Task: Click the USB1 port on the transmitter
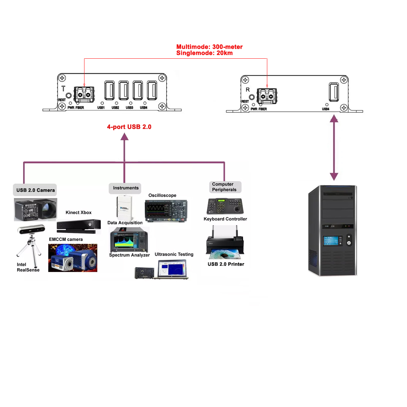(110, 90)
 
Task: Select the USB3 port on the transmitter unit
(138, 90)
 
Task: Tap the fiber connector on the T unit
(84, 95)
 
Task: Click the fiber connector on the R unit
(267, 96)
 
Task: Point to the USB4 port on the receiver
(334, 92)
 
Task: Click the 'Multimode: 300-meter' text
(209, 47)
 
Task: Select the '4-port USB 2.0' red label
(129, 127)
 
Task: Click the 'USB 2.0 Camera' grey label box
(35, 190)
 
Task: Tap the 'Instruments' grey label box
(125, 188)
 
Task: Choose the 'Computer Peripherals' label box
(225, 187)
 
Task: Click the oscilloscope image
(166, 211)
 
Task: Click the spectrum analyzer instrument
(129, 240)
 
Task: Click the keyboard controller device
(225, 206)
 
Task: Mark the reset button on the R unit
(252, 97)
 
